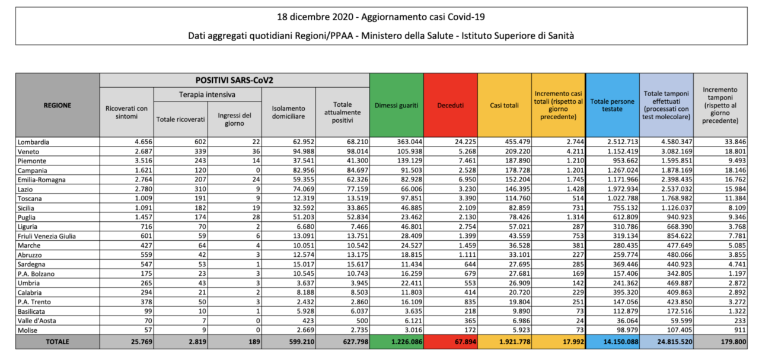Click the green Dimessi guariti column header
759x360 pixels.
pyautogui.click(x=397, y=106)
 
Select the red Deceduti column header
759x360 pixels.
pyautogui.click(x=450, y=106)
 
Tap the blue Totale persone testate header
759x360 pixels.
pyautogui.click(x=613, y=106)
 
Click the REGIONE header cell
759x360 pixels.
pyautogui.click(x=58, y=106)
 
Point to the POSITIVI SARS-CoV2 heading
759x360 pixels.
pyautogui.click(x=234, y=80)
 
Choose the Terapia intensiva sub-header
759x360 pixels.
pyautogui.click(x=208, y=94)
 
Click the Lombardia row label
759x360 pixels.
pyautogui.click(x=34, y=142)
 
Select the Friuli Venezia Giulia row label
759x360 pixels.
pyautogui.click(x=47, y=236)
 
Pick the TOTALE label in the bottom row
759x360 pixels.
pyautogui.click(x=58, y=342)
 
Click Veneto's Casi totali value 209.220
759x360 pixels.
pyautogui.click(x=518, y=151)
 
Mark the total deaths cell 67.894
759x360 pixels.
pyautogui.click(x=465, y=342)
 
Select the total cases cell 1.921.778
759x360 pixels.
pyautogui.click(x=515, y=342)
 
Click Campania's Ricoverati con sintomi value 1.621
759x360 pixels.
pyautogui.click(x=143, y=170)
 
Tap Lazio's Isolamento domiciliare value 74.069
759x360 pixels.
pyautogui.click(x=304, y=189)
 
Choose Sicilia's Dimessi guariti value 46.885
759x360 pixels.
pyautogui.click(x=412, y=208)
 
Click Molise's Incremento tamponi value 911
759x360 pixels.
pyautogui.click(x=740, y=330)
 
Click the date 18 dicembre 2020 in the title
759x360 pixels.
pyautogui.click(x=315, y=17)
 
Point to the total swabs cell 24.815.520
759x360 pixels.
pyautogui.click(x=675, y=342)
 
